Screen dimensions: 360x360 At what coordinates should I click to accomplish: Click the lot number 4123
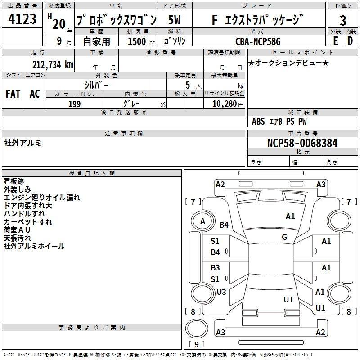coord(23,19)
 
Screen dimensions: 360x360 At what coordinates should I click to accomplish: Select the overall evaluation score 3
coord(343,20)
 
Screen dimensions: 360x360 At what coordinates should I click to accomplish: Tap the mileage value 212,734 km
coord(53,64)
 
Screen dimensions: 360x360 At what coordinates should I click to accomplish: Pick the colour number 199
coord(74,104)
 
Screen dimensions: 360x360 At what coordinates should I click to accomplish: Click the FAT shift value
coord(13,94)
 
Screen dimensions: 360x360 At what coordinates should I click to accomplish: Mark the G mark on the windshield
coord(284,237)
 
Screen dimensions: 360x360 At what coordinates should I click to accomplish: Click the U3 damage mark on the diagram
coord(221,292)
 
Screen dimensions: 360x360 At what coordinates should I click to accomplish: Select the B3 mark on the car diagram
coord(216,268)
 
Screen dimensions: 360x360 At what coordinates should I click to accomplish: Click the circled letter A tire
coord(202,221)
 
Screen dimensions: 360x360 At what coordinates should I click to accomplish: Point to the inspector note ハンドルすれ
coord(24,214)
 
